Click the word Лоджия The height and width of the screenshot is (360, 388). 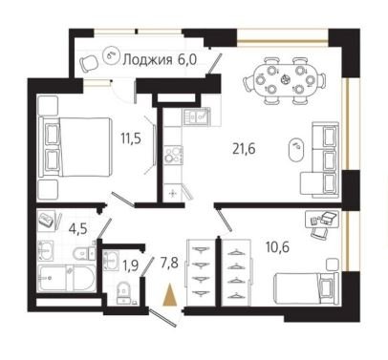tap(147, 60)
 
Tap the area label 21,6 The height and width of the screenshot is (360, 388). tap(244, 149)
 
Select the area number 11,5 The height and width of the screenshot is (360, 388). tap(131, 138)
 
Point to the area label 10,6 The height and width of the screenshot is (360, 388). tap(277, 246)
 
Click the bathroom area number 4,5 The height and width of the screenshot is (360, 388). tap(78, 229)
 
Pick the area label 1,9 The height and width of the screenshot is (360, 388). tap(130, 265)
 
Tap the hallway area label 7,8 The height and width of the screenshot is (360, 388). tap(169, 264)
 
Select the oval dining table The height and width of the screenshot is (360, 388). tap(285, 80)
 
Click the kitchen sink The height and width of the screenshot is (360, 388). tap(196, 116)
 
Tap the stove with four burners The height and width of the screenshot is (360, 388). tap(173, 155)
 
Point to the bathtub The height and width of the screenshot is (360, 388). tap(66, 278)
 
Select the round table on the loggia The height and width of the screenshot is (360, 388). tap(110, 55)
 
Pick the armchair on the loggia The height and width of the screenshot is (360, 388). tap(89, 63)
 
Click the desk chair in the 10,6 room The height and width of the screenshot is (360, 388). tap(319, 232)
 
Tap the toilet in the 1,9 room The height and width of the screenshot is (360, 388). tap(123, 292)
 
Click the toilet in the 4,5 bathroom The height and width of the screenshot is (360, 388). tap(84, 253)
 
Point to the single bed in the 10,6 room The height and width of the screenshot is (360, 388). tap(306, 288)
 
